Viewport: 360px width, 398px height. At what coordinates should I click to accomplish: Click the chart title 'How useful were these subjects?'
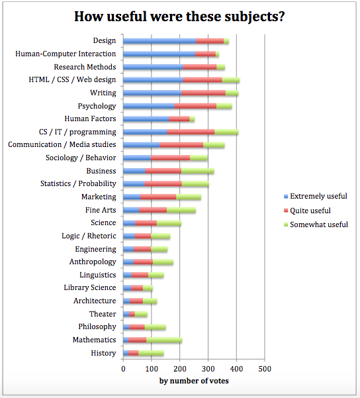pyautogui.click(x=179, y=17)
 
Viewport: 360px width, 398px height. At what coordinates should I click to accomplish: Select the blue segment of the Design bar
pyautogui.click(x=159, y=41)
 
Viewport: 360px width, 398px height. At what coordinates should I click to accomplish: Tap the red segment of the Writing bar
pyautogui.click(x=203, y=93)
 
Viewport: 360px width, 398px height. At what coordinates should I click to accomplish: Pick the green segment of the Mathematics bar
pyautogui.click(x=164, y=340)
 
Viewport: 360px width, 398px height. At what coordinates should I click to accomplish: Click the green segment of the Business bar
pyautogui.click(x=198, y=172)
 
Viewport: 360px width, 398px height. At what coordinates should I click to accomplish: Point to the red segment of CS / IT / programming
pyautogui.click(x=191, y=132)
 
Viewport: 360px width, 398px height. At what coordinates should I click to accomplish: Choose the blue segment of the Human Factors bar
pyautogui.click(x=146, y=119)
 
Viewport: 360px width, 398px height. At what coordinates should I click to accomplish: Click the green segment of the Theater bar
pyautogui.click(x=141, y=315)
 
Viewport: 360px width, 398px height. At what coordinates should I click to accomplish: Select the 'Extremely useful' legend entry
pyautogui.click(x=316, y=196)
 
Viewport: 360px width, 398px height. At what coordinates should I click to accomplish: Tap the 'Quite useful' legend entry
pyautogui.click(x=307, y=211)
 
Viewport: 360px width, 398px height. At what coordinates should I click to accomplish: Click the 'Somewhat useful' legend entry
pyautogui.click(x=316, y=224)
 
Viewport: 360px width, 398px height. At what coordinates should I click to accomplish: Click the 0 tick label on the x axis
pyautogui.click(x=123, y=369)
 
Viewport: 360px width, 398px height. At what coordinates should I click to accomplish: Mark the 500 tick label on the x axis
pyautogui.click(x=265, y=369)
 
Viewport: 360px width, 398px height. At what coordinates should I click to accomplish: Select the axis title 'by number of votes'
pyautogui.click(x=194, y=381)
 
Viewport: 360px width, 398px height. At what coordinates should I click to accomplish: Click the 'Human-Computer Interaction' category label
pyautogui.click(x=66, y=54)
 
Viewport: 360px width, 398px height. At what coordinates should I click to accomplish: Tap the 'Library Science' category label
pyautogui.click(x=90, y=287)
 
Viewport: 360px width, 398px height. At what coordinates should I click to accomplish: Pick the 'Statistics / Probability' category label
pyautogui.click(x=78, y=184)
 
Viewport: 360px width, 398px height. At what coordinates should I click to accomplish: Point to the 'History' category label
pyautogui.click(x=103, y=353)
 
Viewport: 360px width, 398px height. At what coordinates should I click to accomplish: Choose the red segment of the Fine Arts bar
pyautogui.click(x=153, y=211)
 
